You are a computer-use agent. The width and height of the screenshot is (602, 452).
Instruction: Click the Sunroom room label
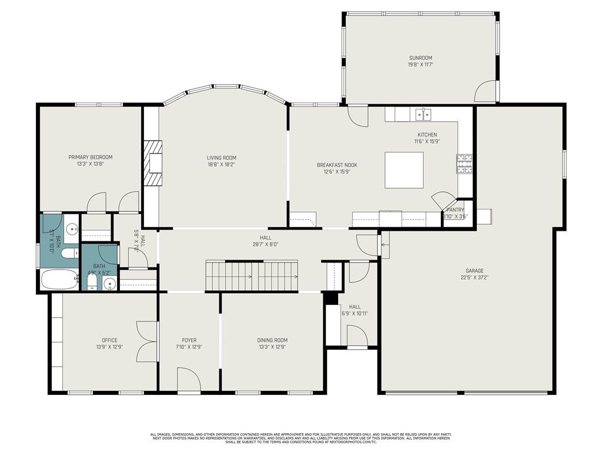pyautogui.click(x=421, y=58)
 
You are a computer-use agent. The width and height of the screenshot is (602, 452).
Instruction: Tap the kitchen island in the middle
pyautogui.click(x=404, y=170)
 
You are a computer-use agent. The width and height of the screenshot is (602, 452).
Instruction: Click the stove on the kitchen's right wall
pyautogui.click(x=464, y=164)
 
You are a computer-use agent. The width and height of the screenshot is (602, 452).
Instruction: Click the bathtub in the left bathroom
pyautogui.click(x=59, y=280)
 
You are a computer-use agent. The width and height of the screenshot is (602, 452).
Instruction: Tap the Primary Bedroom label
pyautogui.click(x=91, y=157)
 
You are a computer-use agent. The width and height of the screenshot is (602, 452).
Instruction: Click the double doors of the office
pyautogui.click(x=147, y=341)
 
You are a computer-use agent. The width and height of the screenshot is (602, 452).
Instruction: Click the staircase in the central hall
pyautogui.click(x=251, y=275)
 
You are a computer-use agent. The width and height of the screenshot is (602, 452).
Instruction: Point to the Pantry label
pyautogui.click(x=456, y=210)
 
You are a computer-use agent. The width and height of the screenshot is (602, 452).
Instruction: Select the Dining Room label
pyautogui.click(x=272, y=340)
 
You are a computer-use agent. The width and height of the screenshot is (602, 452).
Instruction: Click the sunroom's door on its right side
pyautogui.click(x=486, y=92)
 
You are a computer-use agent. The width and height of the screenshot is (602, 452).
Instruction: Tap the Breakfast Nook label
pyautogui.click(x=337, y=165)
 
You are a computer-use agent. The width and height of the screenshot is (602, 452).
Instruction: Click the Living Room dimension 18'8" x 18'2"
pyautogui.click(x=222, y=165)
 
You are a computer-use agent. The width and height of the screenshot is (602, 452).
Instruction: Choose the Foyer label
pyautogui.click(x=189, y=340)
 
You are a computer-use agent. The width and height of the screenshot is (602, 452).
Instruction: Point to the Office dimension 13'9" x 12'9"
pyautogui.click(x=109, y=347)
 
